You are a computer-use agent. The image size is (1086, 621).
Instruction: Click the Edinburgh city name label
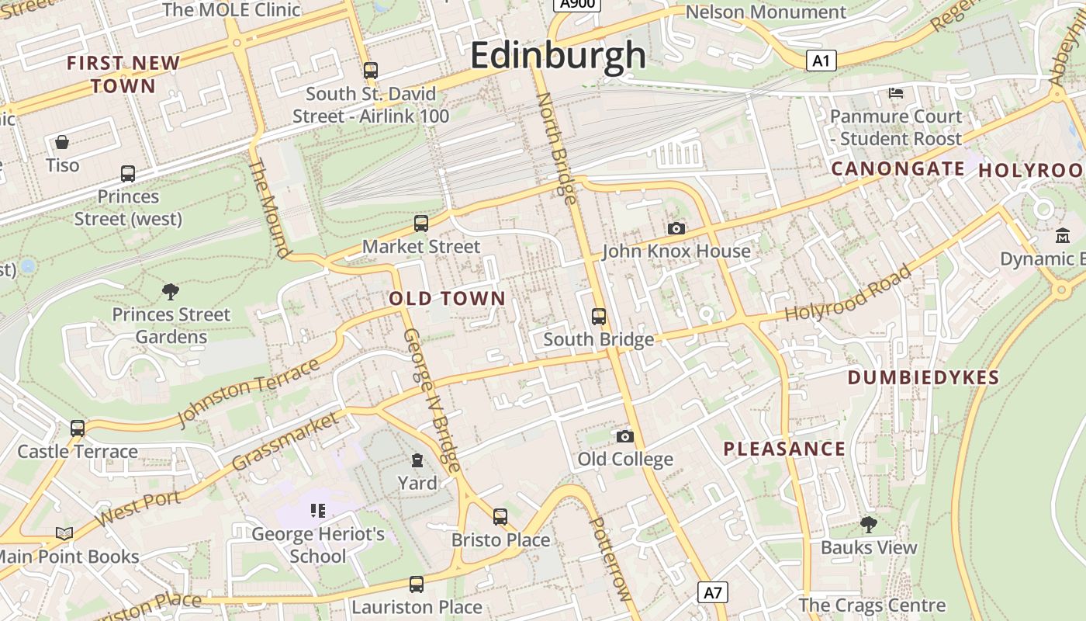(x=558, y=55)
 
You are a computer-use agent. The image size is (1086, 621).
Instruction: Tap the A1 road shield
(x=821, y=61)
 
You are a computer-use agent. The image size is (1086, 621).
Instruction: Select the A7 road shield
(x=713, y=593)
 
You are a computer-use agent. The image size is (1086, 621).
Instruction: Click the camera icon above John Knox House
(x=676, y=228)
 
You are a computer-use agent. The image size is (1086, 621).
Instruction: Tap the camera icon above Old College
(x=624, y=436)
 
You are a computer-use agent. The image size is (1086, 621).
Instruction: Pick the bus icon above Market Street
(x=421, y=224)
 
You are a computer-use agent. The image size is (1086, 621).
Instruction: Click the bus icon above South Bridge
(x=599, y=317)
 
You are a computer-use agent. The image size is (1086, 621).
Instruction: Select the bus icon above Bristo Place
(x=500, y=517)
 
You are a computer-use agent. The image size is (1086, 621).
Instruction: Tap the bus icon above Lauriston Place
(x=417, y=585)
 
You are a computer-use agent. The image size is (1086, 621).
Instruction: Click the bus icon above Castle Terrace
(x=78, y=428)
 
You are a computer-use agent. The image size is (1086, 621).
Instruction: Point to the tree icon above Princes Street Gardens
(x=171, y=292)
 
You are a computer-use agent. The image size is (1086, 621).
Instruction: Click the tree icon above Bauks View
(x=869, y=525)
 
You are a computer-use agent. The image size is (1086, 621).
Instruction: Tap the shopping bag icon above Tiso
(x=62, y=142)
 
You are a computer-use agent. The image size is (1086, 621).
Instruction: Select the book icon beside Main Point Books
(x=64, y=534)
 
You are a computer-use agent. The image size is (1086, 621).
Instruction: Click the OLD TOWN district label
(x=447, y=298)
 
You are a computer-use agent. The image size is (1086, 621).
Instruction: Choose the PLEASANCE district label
(x=784, y=449)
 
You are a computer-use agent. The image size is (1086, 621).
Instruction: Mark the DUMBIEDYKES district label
(x=923, y=378)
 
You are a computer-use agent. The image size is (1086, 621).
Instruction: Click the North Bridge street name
(x=557, y=148)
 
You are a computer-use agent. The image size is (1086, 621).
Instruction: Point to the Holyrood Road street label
(x=848, y=293)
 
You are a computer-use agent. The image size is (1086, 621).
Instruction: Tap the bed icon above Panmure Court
(x=896, y=93)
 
